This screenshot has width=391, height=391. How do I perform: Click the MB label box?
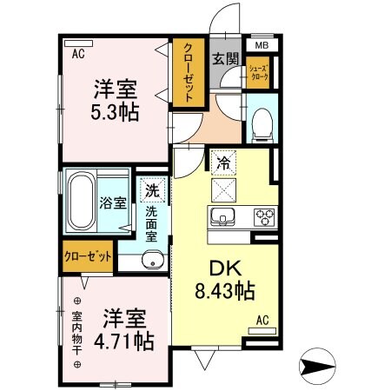pos(262,46)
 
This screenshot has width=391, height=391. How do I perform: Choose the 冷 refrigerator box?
pos(222,161)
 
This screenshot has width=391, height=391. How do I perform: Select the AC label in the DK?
pos(263,321)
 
